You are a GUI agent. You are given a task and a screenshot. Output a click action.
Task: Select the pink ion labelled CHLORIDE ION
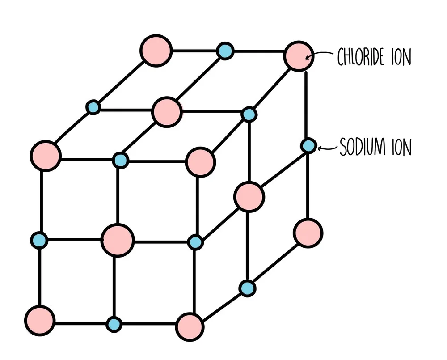[299, 56]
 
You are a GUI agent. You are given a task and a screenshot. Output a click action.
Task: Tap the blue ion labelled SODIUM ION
[308, 146]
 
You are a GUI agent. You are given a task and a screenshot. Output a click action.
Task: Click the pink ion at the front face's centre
[118, 240]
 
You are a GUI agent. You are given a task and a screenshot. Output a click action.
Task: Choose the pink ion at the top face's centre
[167, 112]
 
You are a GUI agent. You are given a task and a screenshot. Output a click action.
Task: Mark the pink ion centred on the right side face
[249, 196]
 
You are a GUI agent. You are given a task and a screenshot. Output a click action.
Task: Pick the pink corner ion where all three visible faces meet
[200, 162]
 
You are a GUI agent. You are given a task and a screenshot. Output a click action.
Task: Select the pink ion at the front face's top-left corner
[45, 156]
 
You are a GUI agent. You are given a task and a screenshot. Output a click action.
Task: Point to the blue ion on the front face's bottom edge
[114, 323]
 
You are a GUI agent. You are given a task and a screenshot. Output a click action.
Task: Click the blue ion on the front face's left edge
[39, 240]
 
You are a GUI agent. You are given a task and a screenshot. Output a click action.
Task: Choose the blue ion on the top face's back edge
[225, 51]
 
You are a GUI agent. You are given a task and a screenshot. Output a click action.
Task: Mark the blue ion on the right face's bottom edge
[247, 288]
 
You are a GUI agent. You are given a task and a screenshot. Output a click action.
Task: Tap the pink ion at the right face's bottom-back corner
[308, 233]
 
